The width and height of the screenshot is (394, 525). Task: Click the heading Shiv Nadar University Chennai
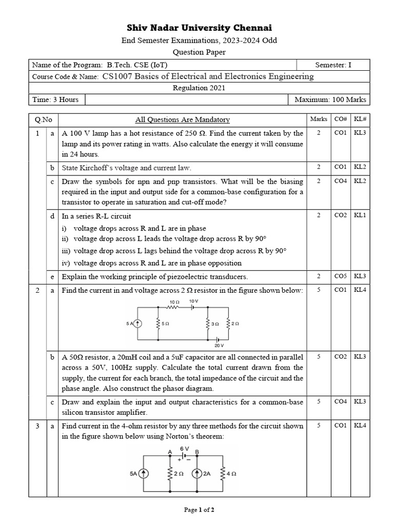coord(199,28)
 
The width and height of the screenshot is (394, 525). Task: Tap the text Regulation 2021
coord(199,88)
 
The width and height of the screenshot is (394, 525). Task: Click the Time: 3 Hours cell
coord(55,99)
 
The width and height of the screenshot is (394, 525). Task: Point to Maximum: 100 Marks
coord(330,99)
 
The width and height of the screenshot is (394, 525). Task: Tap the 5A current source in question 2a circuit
coord(137,324)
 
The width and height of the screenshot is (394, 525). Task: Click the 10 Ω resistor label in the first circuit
coord(174,302)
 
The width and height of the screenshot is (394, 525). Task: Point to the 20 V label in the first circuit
coord(220,346)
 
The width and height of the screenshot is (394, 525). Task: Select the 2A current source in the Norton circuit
coord(196,474)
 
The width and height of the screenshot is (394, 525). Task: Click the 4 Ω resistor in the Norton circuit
coord(223,474)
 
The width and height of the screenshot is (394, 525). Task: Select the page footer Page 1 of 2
coord(199,510)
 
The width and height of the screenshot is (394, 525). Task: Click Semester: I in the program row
coord(333,65)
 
